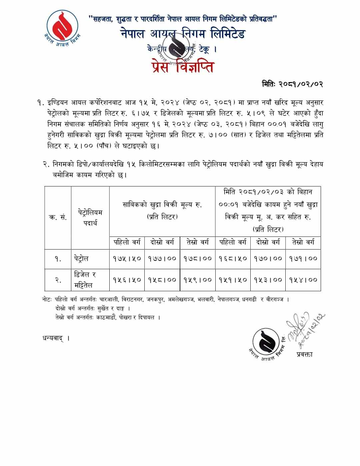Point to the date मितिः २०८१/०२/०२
pyautogui.click(x=292, y=84)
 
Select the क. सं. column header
pyautogui.click(x=58, y=217)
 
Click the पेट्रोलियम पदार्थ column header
pyautogui.click(x=90, y=217)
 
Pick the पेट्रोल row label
pyautogui.click(x=81, y=259)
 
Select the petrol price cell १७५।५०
pyautogui.click(x=127, y=259)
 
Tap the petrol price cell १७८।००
pyautogui.click(x=198, y=259)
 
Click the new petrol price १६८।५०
pyautogui.click(x=233, y=259)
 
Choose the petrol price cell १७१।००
pyautogui.click(x=303, y=259)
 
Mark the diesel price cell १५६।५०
pyautogui.click(x=127, y=280)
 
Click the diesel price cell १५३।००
pyautogui.click(x=268, y=280)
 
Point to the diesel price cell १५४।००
pyautogui.click(x=303, y=280)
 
